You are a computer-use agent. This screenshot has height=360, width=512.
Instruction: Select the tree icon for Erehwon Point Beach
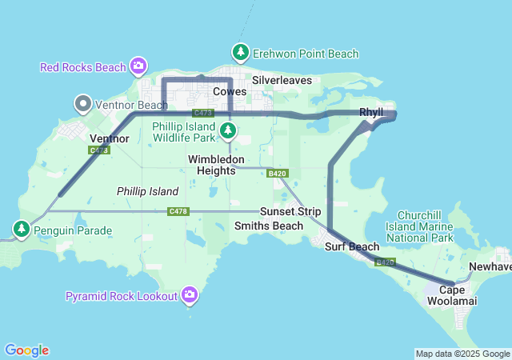click(x=240, y=53)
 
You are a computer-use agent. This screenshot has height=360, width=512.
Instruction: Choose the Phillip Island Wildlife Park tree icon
click(x=229, y=130)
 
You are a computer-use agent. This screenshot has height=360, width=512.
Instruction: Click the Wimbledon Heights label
click(x=212, y=165)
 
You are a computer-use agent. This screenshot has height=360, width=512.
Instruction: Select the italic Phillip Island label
click(x=147, y=191)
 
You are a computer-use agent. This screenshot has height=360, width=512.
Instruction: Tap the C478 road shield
click(x=178, y=211)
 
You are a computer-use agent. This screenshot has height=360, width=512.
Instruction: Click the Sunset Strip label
click(x=290, y=212)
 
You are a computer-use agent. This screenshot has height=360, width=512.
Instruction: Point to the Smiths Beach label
click(x=269, y=226)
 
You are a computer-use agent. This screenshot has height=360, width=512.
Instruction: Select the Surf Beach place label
click(x=352, y=246)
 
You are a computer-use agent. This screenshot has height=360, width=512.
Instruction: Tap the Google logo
click(x=26, y=350)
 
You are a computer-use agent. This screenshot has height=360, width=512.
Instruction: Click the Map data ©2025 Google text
click(x=462, y=354)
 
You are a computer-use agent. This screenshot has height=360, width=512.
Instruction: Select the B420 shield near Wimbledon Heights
click(x=278, y=173)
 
